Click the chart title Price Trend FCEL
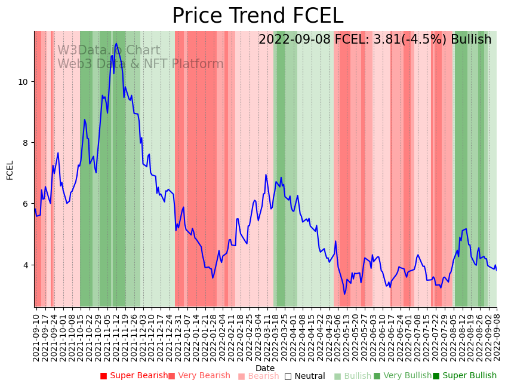257,16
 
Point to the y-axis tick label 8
24,143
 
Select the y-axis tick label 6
24,204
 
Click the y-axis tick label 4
24,265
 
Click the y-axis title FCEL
10,170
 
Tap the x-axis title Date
265,368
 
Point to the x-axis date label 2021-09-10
36,334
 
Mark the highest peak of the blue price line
116,44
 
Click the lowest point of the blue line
344,294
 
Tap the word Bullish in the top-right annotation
471,39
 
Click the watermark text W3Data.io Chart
109,51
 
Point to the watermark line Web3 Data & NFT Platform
140,64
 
